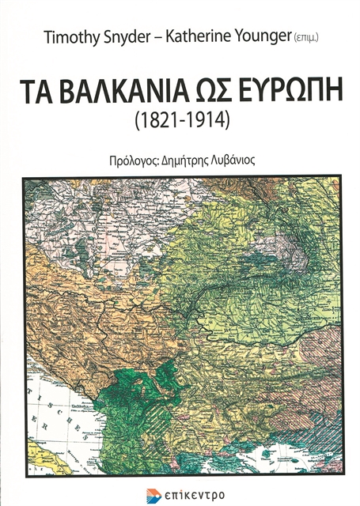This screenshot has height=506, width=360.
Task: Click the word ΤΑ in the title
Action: point(66,93)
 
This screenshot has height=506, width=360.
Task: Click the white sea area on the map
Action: point(47,411)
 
